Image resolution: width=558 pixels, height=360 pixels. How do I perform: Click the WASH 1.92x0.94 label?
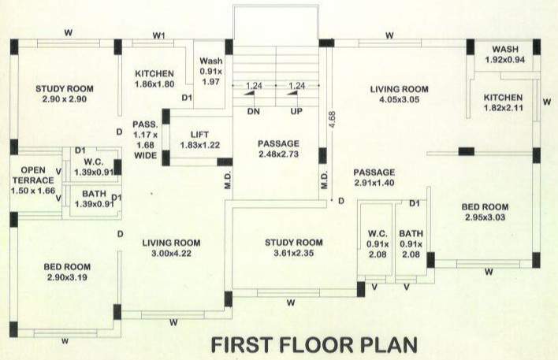(504, 54)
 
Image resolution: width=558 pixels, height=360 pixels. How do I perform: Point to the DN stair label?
(253, 113)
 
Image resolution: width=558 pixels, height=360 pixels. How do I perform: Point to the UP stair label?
(297, 113)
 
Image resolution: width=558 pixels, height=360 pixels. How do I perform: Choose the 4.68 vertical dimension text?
(332, 117)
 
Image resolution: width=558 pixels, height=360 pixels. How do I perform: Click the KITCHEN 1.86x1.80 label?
(154, 77)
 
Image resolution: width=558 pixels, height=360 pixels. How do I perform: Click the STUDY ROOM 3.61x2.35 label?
(294, 247)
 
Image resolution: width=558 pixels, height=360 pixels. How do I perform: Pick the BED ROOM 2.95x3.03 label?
(489, 213)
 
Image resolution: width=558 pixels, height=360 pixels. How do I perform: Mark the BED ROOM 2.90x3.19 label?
(68, 273)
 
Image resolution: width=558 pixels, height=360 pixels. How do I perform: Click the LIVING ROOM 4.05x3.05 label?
(399, 95)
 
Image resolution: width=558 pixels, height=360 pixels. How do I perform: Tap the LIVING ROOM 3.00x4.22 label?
(171, 248)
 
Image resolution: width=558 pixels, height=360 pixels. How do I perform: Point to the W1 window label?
(159, 35)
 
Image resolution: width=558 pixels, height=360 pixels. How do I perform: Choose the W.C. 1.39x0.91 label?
(92, 166)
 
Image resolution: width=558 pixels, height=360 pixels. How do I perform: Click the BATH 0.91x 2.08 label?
(411, 244)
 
